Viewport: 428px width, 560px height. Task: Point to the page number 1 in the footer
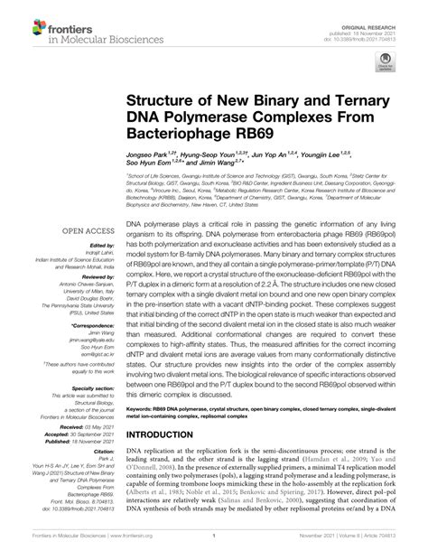(213, 547)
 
